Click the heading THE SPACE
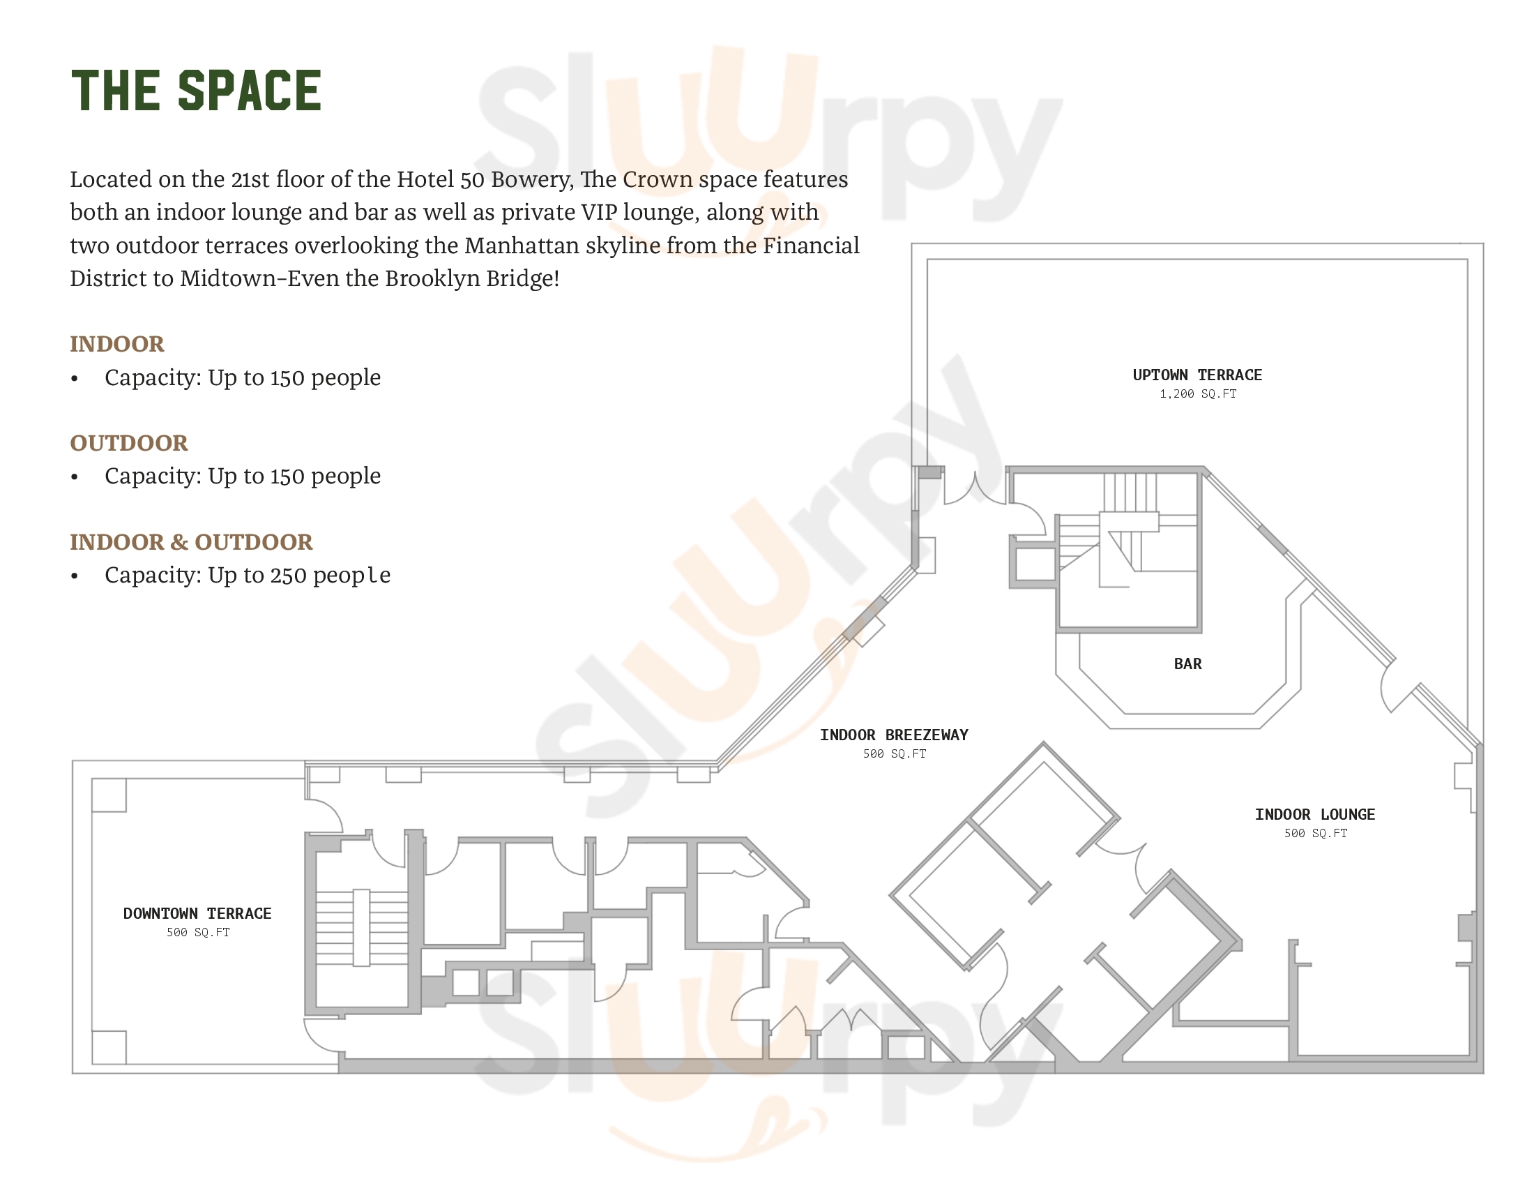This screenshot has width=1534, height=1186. [x=196, y=90]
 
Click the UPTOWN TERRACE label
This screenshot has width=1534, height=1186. [x=1197, y=375]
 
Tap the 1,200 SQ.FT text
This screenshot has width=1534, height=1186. [x=1197, y=394]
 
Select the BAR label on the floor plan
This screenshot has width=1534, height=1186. [x=1187, y=664]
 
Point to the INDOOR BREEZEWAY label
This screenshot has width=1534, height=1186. [x=893, y=735]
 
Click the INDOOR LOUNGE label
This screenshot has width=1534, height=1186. [x=1315, y=814]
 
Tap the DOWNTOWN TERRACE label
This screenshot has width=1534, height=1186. [x=197, y=913]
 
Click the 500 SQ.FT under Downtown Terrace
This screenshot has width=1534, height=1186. [x=197, y=932]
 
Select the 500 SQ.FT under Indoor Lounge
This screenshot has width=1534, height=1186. [x=1316, y=833]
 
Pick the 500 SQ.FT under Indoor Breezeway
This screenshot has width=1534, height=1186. [x=894, y=754]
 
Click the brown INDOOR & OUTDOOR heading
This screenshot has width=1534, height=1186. [x=191, y=541]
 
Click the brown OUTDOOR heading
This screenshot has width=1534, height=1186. [x=128, y=442]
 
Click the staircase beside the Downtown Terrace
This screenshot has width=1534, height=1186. [x=361, y=927]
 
